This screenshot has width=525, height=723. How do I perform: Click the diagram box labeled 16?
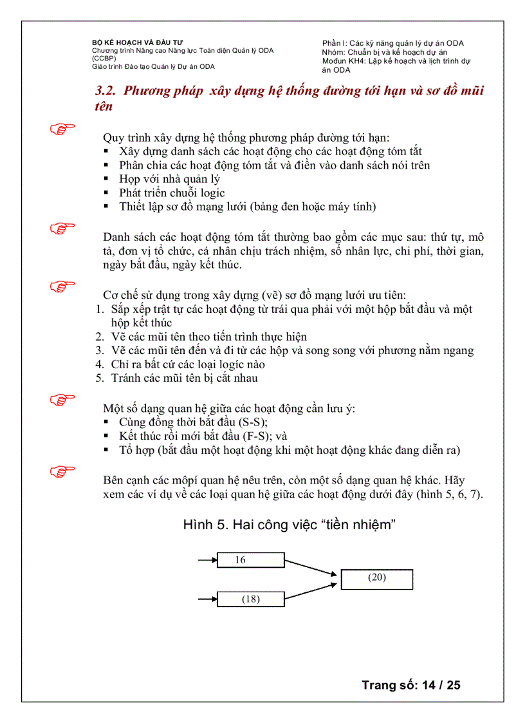click(x=250, y=560)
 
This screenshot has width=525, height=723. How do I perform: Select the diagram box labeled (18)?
click(x=250, y=599)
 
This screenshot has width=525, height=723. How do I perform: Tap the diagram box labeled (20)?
click(x=376, y=579)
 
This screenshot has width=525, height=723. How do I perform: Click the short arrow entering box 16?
click(x=207, y=560)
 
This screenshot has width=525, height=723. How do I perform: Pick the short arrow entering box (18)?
click(x=207, y=599)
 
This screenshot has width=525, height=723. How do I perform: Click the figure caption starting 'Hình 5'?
click(x=288, y=525)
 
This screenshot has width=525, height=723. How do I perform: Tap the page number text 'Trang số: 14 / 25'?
click(x=410, y=684)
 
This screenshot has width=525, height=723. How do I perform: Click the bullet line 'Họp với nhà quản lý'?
click(x=169, y=179)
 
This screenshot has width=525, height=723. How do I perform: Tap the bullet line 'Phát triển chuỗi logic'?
click(x=172, y=192)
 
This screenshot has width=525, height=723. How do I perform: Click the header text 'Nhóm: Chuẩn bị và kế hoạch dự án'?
click(x=384, y=52)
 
